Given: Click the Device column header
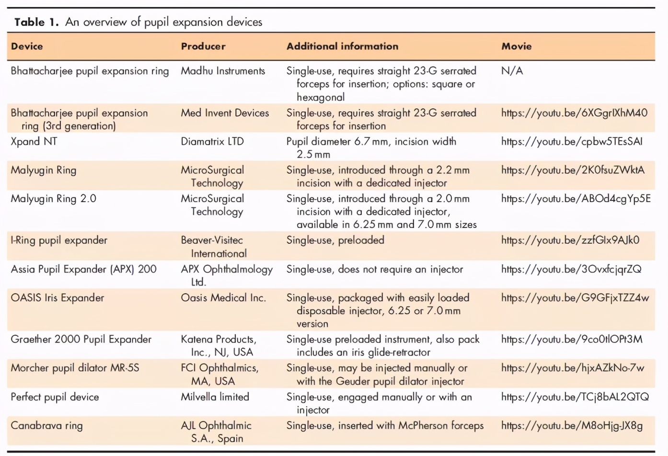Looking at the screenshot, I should coord(27,46).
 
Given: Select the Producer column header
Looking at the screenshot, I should coord(203,46).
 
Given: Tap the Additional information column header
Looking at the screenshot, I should coord(342,46).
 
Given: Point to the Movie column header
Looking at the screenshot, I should coord(516,46).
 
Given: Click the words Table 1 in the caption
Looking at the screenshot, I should coord(36,22).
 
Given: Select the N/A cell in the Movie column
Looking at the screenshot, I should coord(512,71).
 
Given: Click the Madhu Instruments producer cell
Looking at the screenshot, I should coord(223,71).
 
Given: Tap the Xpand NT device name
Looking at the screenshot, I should coord(34,142).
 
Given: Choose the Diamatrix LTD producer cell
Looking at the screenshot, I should coord(212,142).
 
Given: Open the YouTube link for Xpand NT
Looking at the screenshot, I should coord(572,142).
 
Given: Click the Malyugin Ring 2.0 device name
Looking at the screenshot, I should coord(53,199).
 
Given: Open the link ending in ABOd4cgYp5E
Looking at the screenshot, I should coord(576,199).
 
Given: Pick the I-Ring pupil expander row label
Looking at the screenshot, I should coord(59,240).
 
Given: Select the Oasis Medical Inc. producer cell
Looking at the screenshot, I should coord(223,298).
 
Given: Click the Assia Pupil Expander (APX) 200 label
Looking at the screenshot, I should coord(83,269).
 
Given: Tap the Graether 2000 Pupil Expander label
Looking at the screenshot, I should coord(81,340).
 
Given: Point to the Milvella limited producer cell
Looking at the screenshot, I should coord(215,397).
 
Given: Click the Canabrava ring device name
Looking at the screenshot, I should coord(46,426).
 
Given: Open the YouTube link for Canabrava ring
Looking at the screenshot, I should coord(572,426).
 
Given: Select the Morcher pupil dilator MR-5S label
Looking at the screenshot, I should coord(75,368).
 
